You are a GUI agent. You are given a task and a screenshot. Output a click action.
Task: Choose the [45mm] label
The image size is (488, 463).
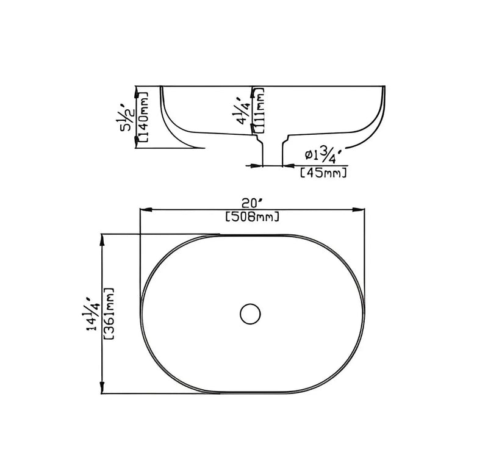tap(324, 174)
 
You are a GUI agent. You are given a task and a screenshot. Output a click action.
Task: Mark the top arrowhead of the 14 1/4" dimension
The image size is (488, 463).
tap(101, 237)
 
